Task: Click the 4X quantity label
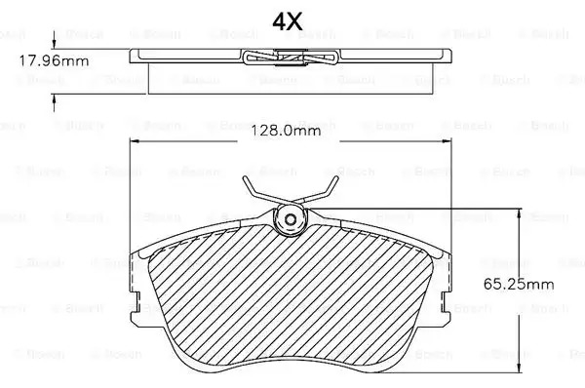point(287,22)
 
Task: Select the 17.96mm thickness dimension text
point(54,60)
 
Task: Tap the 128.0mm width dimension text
point(286,131)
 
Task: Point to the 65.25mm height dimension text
point(519,285)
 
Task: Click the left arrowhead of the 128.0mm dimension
point(135,141)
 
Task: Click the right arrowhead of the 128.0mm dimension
point(447,141)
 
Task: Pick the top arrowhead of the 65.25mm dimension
point(519,213)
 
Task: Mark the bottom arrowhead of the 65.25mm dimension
point(519,368)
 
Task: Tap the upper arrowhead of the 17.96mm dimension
point(55,44)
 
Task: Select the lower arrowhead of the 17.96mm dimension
point(55,99)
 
